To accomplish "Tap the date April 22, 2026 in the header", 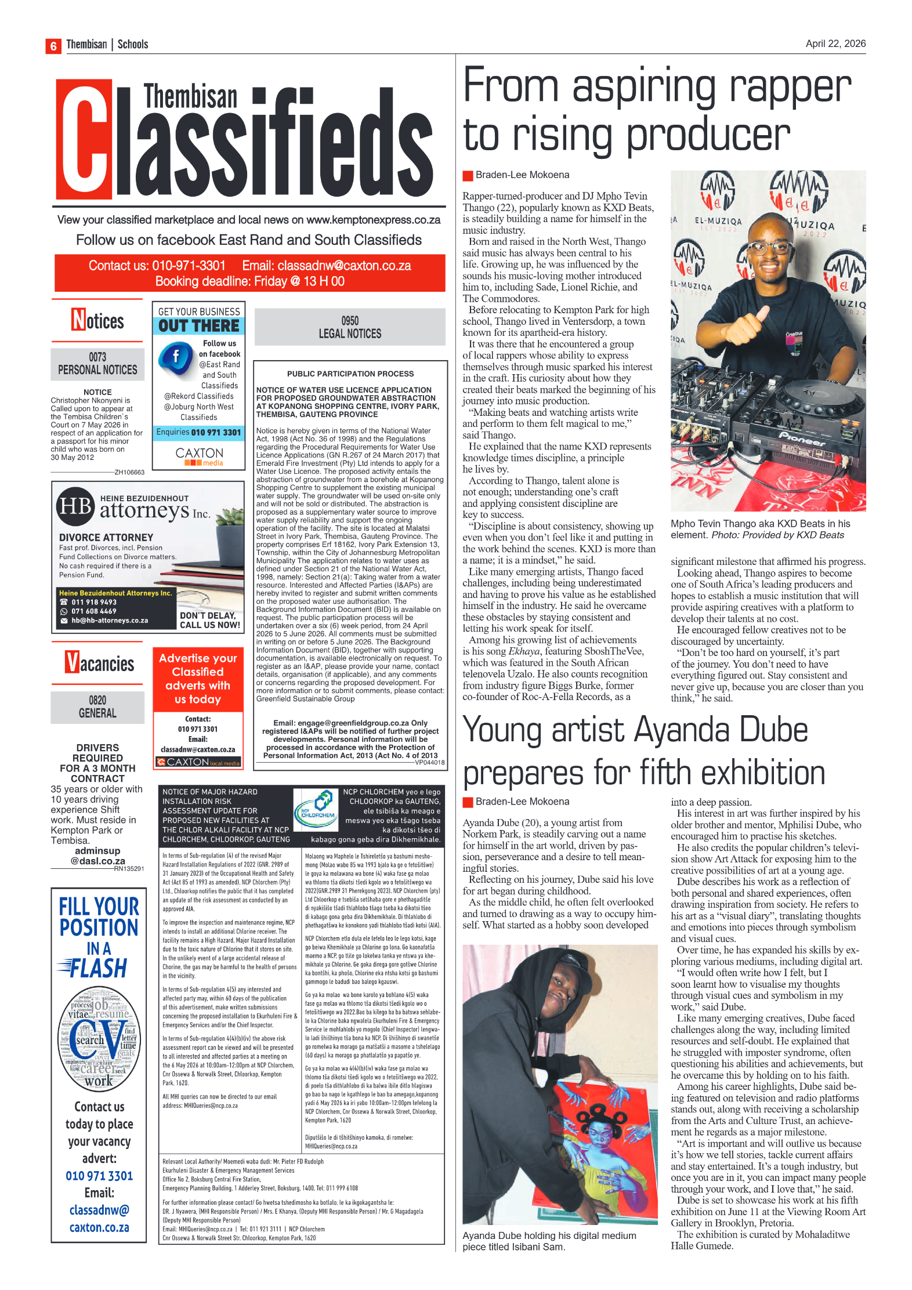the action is coord(835,44).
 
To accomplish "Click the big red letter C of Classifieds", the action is coord(85,140).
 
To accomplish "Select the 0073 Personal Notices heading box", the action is coord(97,364).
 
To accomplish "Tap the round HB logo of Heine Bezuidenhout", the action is coord(75,506).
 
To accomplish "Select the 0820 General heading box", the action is coord(97,707).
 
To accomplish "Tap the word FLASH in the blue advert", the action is coord(99,968).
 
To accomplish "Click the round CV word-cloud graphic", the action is coord(99,1038).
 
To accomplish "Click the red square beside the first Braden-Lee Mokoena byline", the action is coord(468,175).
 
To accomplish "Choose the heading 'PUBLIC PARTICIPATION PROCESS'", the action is coord(350,374).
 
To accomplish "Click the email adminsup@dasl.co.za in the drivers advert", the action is coord(97,856).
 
